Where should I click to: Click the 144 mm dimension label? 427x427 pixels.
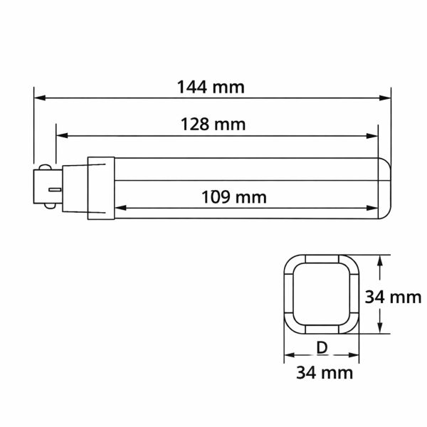click(211, 88)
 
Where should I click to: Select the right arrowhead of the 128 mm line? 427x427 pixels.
click(373, 135)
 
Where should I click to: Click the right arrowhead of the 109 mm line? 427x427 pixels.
click(373, 208)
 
